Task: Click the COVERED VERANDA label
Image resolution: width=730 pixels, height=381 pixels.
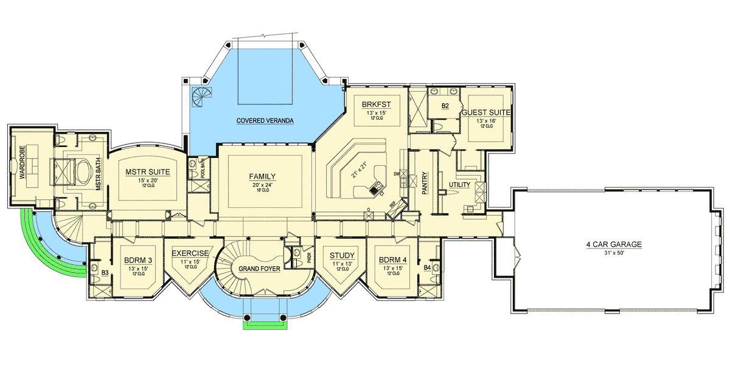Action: [x=265, y=121]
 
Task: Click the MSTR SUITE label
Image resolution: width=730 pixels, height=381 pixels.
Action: [x=147, y=172]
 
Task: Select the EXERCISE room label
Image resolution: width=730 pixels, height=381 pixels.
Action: [x=190, y=253]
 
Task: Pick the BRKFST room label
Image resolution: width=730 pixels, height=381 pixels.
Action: [x=372, y=103]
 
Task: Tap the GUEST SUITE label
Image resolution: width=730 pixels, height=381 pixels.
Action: [x=485, y=112]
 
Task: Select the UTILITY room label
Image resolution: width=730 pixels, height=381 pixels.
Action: [x=461, y=184]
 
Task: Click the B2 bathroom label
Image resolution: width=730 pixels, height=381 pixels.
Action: [x=445, y=105]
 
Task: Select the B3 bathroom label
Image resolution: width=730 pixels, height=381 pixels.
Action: [x=105, y=273]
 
